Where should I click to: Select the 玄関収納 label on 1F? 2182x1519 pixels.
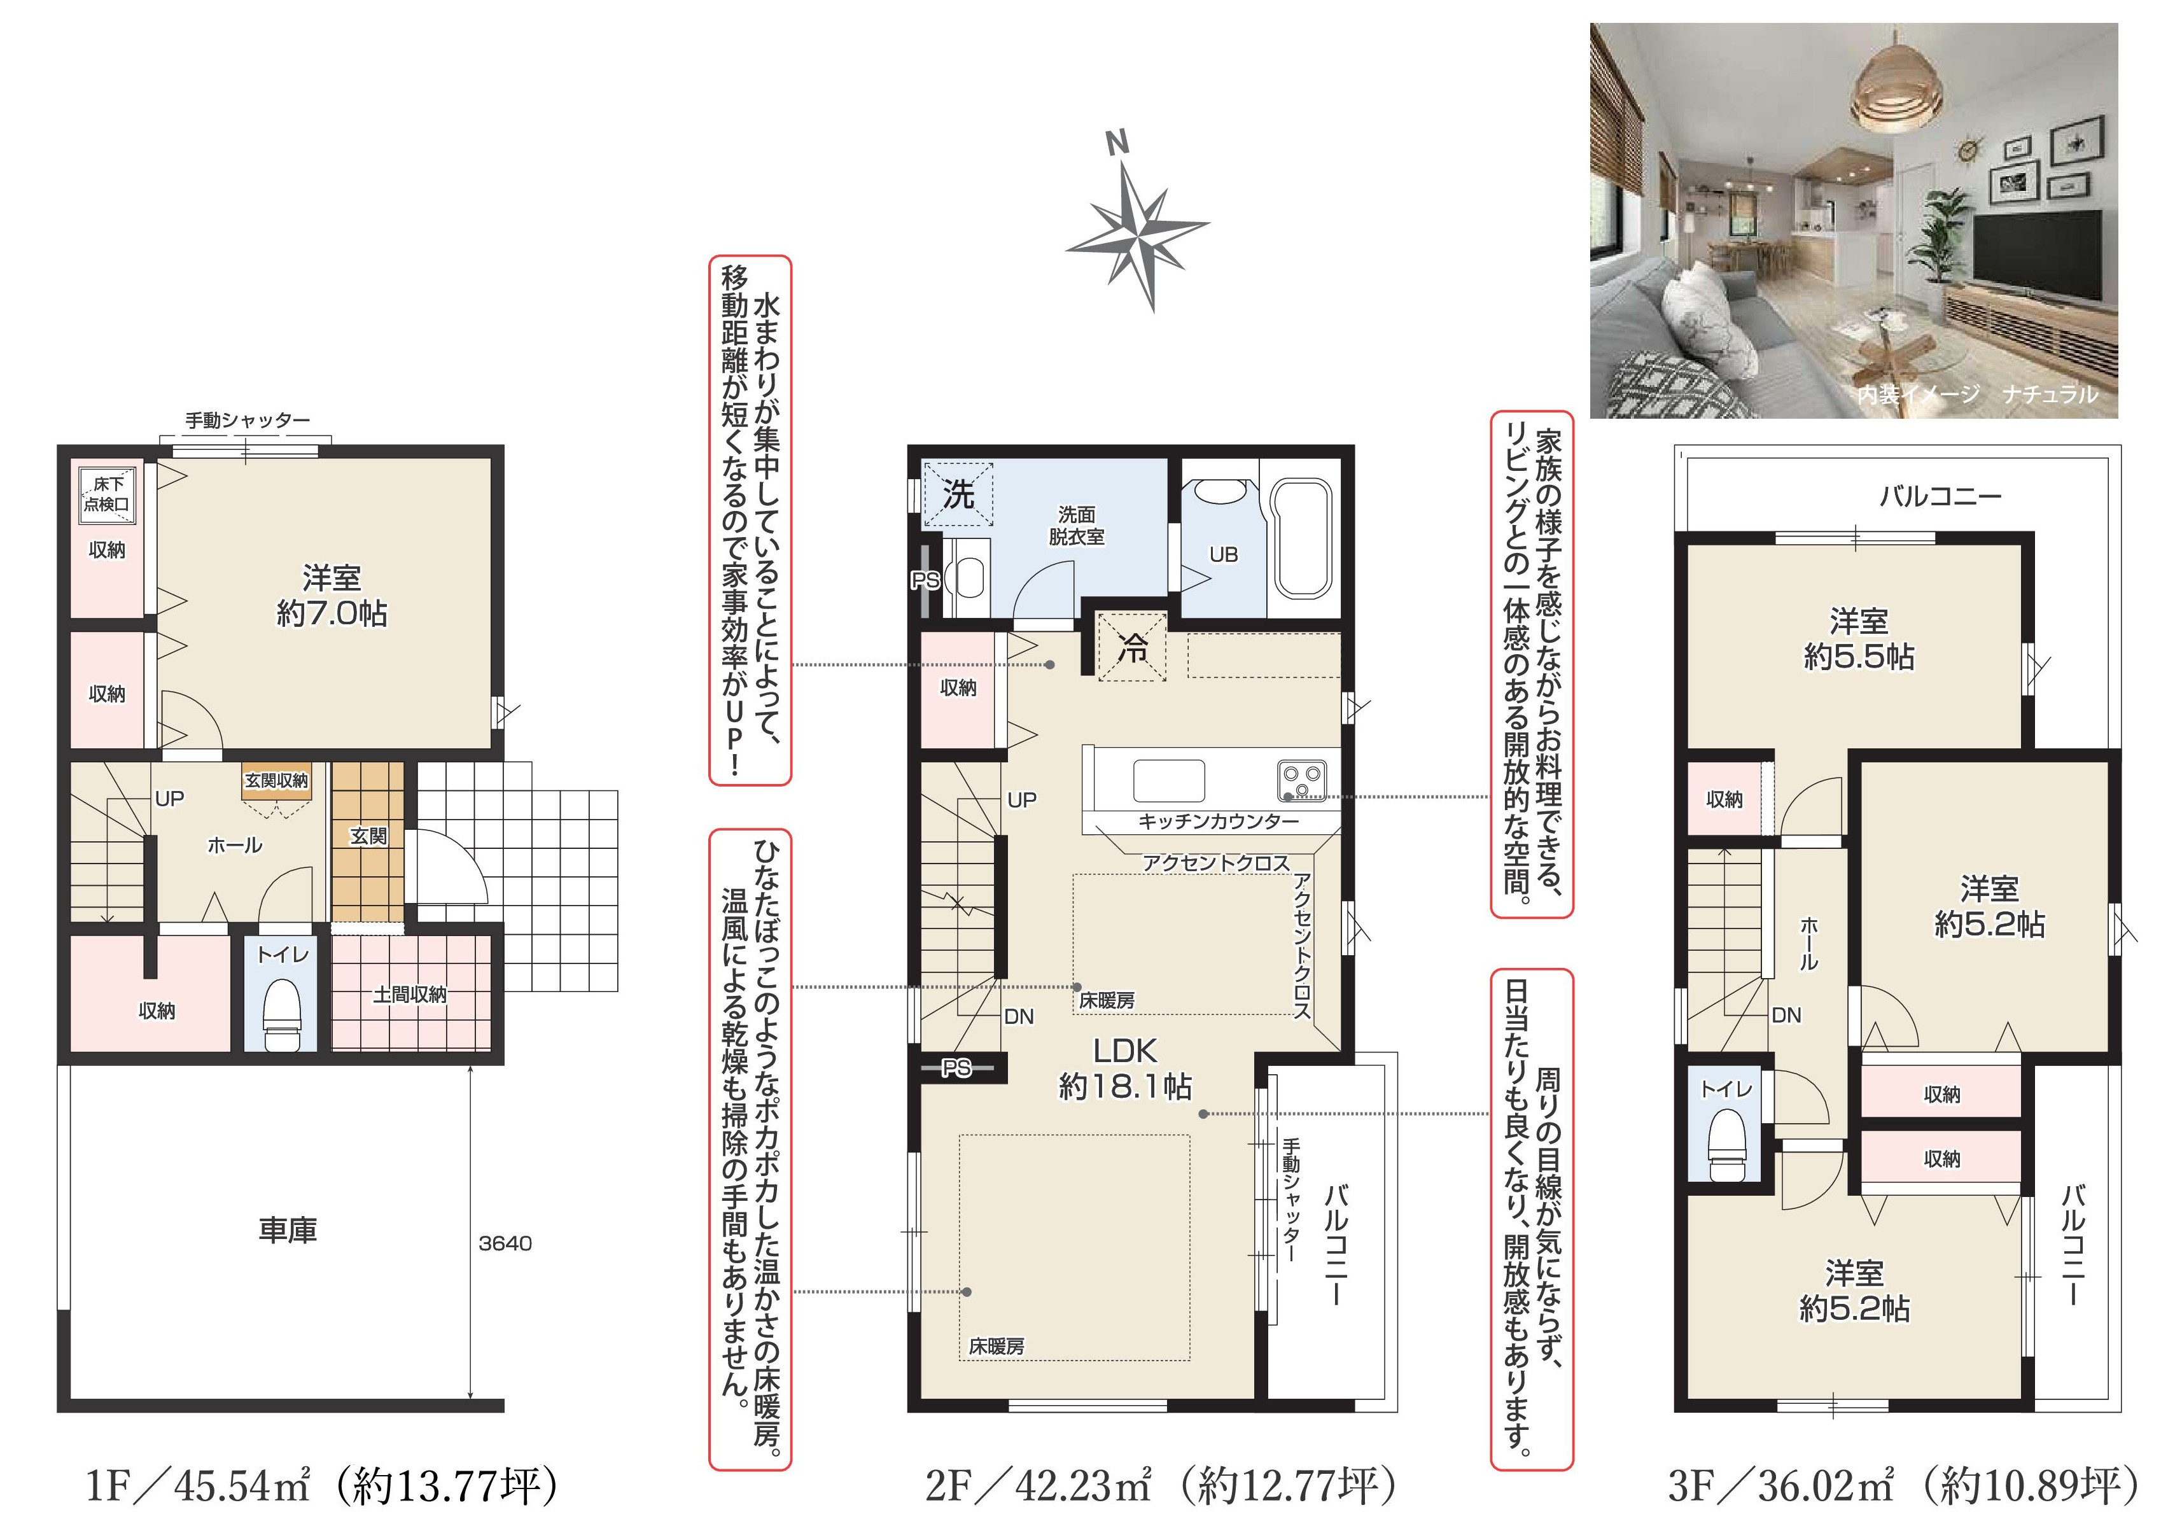[x=277, y=780]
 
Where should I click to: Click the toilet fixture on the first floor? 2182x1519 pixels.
[x=281, y=1014]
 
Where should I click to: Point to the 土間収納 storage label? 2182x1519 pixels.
[x=410, y=994]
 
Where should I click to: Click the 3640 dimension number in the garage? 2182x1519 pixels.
[x=505, y=1243]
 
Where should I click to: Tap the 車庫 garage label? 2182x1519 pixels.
[x=288, y=1230]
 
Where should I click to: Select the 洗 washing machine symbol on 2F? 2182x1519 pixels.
[x=958, y=494]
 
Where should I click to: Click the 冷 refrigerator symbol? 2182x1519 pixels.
[x=1133, y=647]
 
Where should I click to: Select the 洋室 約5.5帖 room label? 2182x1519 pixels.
[x=1859, y=639]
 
